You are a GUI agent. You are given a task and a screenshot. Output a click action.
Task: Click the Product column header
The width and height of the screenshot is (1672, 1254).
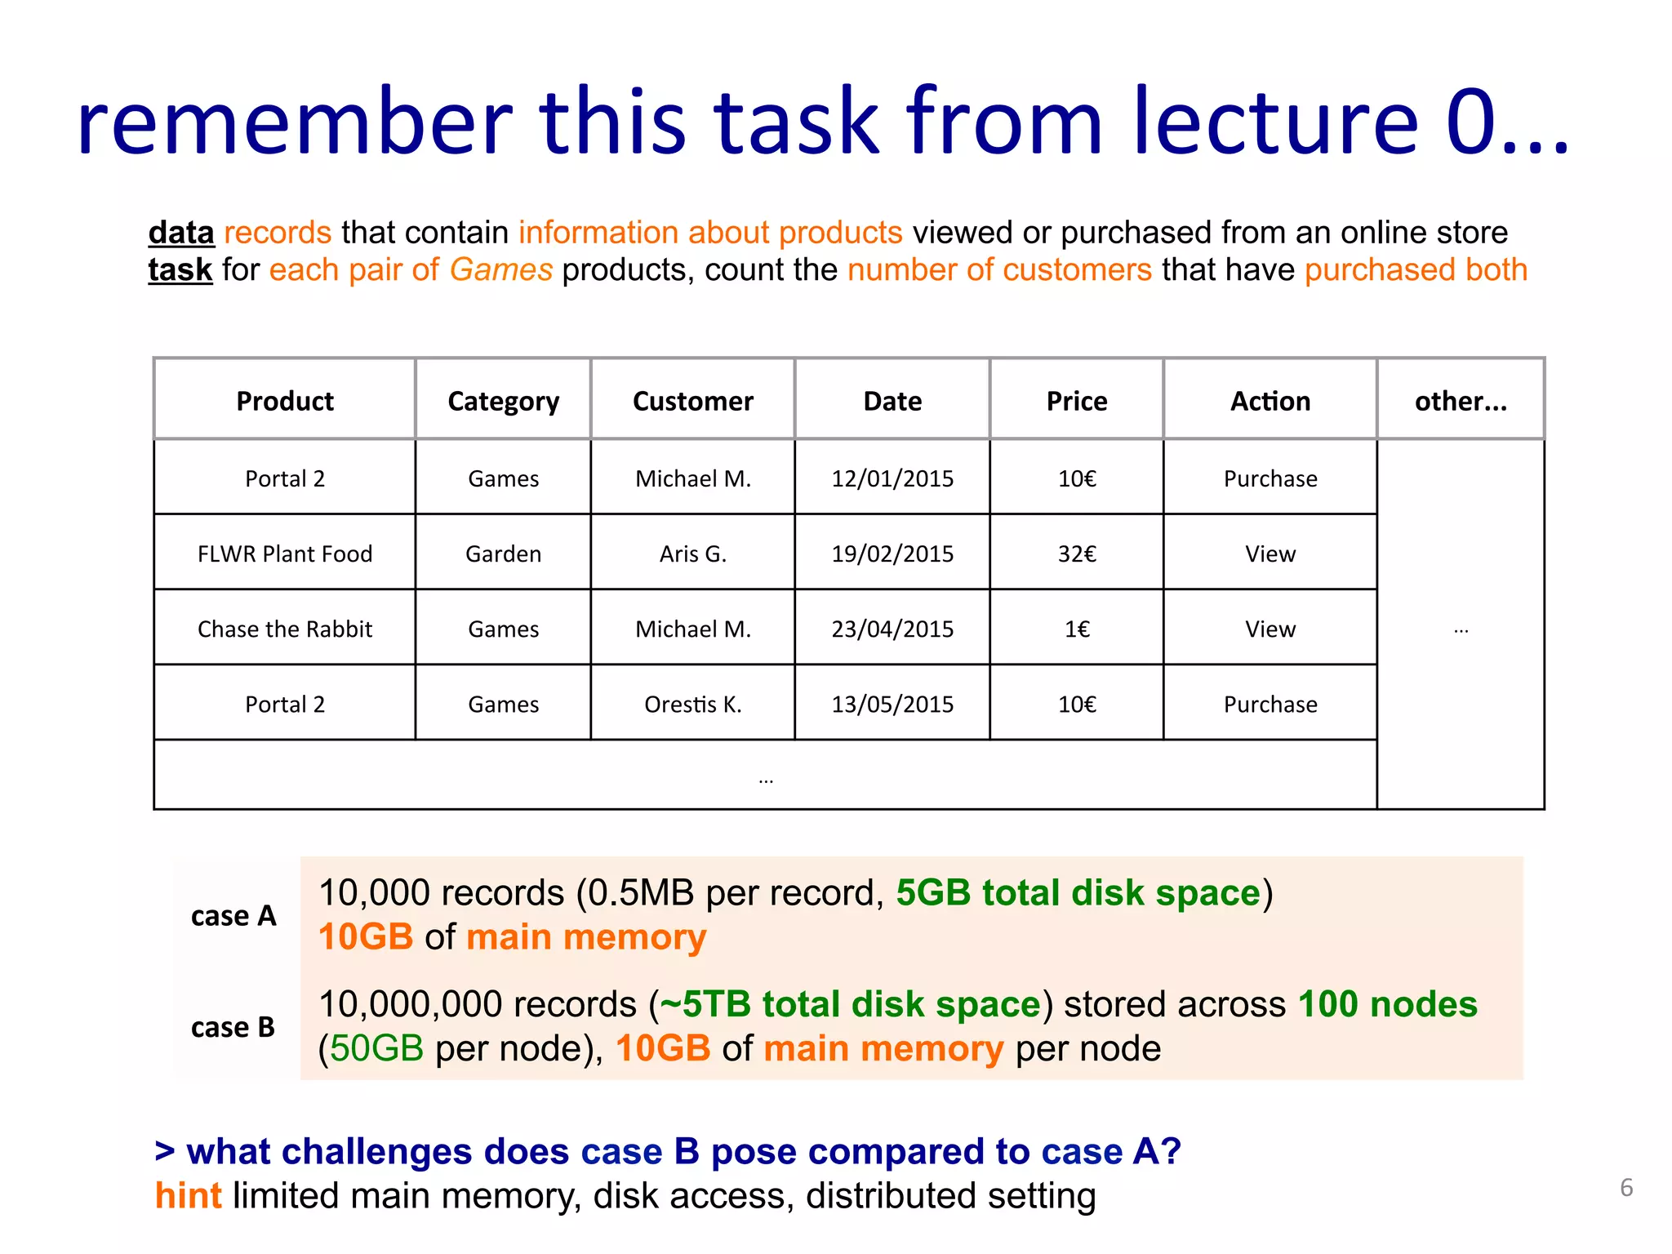pyautogui.click(x=284, y=401)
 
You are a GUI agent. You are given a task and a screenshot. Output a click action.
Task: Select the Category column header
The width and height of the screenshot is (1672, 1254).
pyautogui.click(x=503, y=401)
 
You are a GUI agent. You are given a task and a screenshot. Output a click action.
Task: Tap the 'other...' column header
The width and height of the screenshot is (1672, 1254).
pyautogui.click(x=1460, y=401)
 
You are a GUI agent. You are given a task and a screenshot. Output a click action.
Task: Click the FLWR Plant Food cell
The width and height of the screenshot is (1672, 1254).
pyautogui.click(x=284, y=554)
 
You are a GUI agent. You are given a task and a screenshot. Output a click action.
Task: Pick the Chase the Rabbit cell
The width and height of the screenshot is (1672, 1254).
pyautogui.click(x=284, y=629)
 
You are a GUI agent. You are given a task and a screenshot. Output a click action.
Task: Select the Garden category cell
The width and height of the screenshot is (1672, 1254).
pyautogui.click(x=503, y=554)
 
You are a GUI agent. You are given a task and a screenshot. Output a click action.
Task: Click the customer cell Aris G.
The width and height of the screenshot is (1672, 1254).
pyautogui.click(x=692, y=554)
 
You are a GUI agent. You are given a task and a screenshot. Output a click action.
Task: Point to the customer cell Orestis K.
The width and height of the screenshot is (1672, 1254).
pyautogui.click(x=692, y=704)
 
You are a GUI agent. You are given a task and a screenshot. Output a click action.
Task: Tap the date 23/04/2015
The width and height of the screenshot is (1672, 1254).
pyautogui.click(x=892, y=629)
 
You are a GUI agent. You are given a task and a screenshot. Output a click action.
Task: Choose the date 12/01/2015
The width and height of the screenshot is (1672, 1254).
pyautogui.click(x=892, y=478)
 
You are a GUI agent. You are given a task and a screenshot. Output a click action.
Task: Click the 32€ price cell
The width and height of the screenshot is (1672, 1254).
pyautogui.click(x=1076, y=554)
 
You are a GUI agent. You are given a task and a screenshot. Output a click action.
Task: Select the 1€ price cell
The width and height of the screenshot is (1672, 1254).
pyautogui.click(x=1076, y=629)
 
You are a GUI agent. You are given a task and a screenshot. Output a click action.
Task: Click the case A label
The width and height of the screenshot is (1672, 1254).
pyautogui.click(x=233, y=916)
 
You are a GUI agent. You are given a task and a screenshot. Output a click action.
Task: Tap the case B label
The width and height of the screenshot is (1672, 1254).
pyautogui.click(x=233, y=1027)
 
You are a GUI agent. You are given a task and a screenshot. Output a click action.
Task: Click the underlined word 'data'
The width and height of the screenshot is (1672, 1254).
pyautogui.click(x=181, y=233)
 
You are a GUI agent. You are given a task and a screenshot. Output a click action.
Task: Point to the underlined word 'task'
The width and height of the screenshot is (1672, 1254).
pyautogui.click(x=180, y=270)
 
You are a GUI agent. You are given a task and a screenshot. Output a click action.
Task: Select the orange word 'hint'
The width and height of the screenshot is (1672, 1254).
pyautogui.click(x=188, y=1195)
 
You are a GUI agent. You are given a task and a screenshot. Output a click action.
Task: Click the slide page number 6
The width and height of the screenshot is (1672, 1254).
pyautogui.click(x=1625, y=1188)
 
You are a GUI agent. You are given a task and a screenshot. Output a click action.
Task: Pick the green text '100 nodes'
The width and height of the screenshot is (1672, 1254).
pyautogui.click(x=1387, y=1004)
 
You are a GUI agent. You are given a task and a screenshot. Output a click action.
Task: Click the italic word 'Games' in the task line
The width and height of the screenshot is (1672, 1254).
pyautogui.click(x=500, y=270)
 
